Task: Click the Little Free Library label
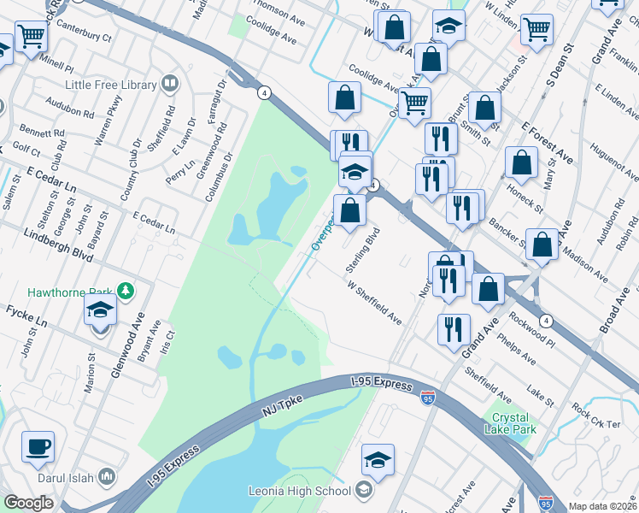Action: coord(111,85)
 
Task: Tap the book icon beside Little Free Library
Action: coord(170,84)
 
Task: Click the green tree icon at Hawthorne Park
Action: coord(126,292)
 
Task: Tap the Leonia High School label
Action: coord(299,491)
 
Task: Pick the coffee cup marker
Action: coord(38,447)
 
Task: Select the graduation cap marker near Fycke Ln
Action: coord(100,312)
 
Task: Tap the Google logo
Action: coord(28,503)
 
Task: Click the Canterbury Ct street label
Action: coord(85,38)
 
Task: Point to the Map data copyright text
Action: coord(602,506)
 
